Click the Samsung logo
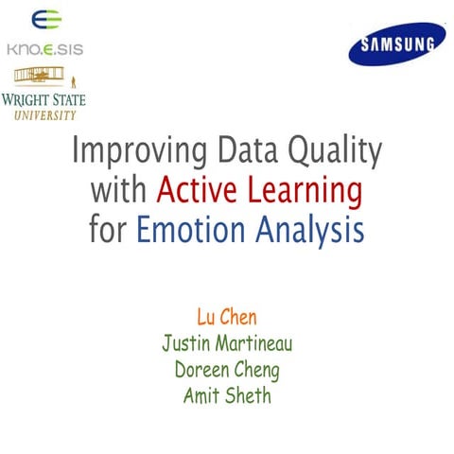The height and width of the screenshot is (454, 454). click(x=396, y=44)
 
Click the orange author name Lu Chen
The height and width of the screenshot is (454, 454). click(x=227, y=315)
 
